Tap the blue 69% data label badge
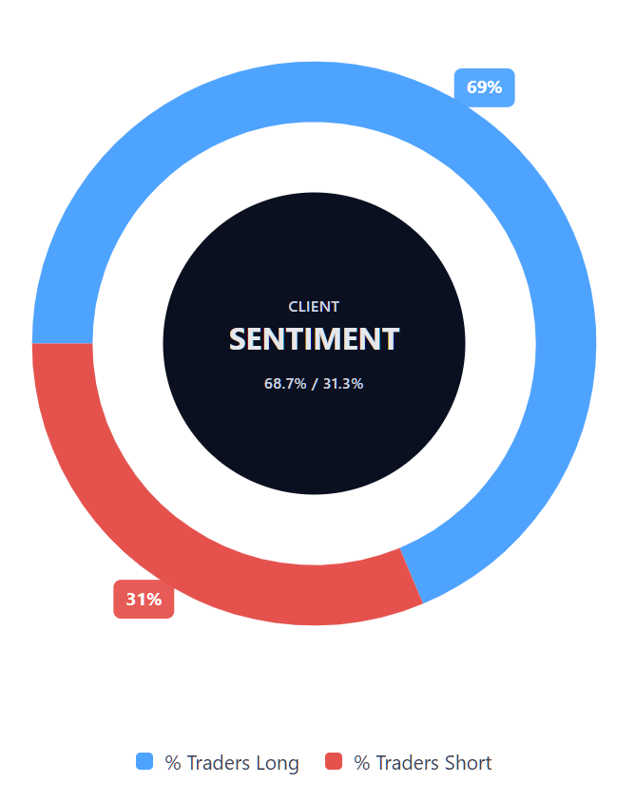(484, 87)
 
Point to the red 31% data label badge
(144, 600)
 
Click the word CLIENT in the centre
(314, 307)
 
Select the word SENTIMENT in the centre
(314, 339)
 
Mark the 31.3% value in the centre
(343, 384)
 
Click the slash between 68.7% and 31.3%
(315, 384)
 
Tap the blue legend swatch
(144, 761)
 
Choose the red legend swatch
(334, 761)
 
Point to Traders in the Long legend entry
(220, 763)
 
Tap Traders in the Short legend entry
(409, 763)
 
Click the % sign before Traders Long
(173, 763)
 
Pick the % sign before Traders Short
(362, 763)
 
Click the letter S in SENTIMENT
(238, 339)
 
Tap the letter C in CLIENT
(293, 307)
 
